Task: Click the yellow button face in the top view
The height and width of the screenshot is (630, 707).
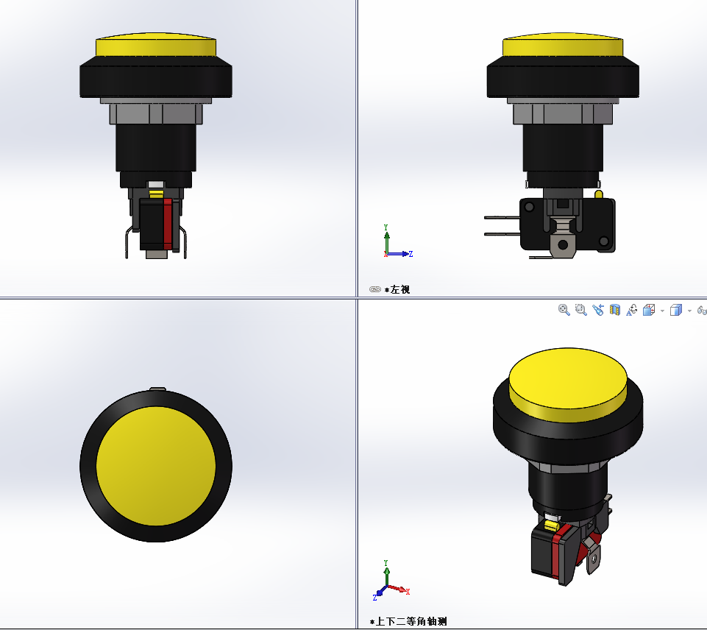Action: click(156, 466)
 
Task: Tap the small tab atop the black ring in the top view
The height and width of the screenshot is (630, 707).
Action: click(157, 388)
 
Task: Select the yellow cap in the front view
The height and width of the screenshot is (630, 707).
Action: click(156, 46)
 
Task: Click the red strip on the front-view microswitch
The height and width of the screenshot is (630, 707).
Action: click(168, 222)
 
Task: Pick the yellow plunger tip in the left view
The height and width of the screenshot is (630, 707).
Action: click(598, 194)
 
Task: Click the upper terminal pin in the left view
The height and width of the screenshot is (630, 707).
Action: click(502, 217)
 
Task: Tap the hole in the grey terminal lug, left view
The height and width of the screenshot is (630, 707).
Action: click(563, 244)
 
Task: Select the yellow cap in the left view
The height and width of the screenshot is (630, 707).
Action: click(562, 46)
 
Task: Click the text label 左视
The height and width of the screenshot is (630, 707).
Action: click(401, 290)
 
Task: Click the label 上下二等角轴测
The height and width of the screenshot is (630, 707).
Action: click(411, 622)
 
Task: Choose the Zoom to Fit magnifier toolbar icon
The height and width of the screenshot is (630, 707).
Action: click(564, 311)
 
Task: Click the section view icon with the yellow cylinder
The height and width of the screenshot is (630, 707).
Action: click(615, 311)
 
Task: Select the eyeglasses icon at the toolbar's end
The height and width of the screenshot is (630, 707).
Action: click(702, 311)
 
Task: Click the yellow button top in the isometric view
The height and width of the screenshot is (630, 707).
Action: click(567, 380)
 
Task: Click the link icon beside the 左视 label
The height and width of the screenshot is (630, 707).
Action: click(374, 290)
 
